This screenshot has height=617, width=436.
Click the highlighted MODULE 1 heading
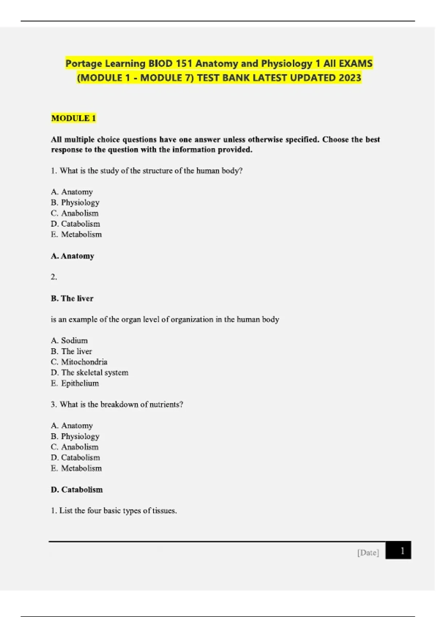[73, 118]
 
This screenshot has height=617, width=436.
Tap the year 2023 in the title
[350, 78]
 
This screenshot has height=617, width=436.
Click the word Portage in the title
[84, 64]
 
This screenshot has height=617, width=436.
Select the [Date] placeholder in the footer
[368, 552]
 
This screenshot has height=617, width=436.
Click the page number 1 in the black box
[402, 551]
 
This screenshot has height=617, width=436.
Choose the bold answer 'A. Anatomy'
[72, 256]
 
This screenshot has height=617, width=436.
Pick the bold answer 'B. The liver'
[72, 298]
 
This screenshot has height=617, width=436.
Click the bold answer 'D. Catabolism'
[77, 490]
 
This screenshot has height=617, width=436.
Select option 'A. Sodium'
[69, 340]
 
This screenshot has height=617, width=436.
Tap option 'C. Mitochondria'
[79, 362]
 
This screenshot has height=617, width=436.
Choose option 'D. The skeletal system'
[89, 372]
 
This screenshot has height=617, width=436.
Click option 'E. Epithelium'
[74, 383]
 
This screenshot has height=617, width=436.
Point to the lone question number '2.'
[54, 277]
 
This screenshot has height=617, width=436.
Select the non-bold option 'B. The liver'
[71, 351]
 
